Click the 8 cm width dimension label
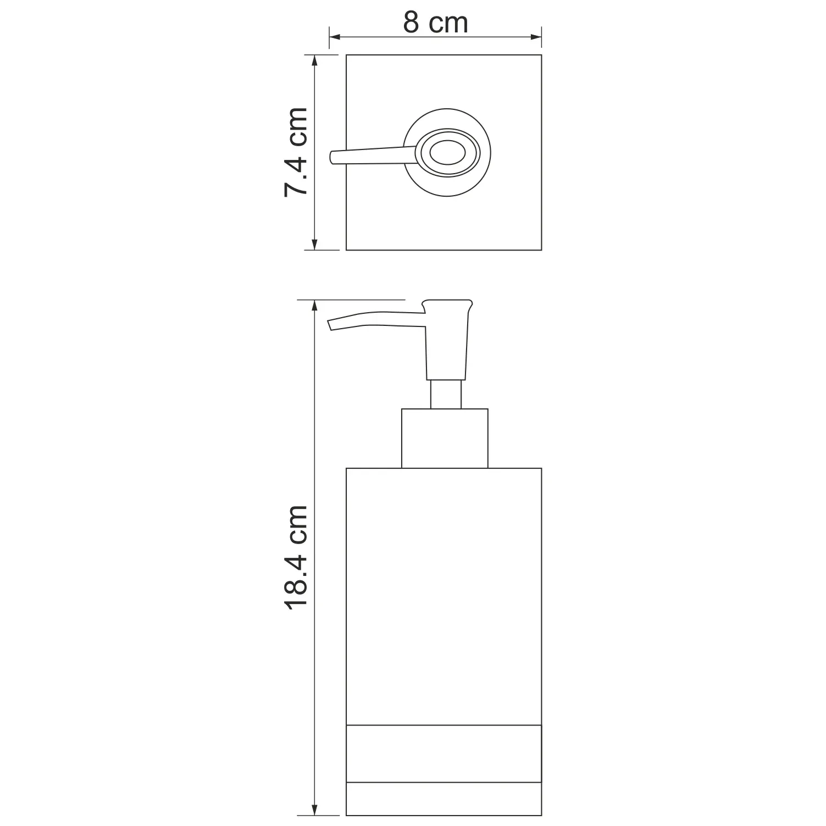(435, 23)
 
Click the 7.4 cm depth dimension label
(296, 152)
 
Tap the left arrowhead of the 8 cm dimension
(336, 37)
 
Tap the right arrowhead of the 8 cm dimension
(535, 37)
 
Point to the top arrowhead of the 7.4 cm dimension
(314, 62)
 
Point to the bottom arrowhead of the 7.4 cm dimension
(314, 243)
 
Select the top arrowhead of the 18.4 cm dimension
(314, 307)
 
